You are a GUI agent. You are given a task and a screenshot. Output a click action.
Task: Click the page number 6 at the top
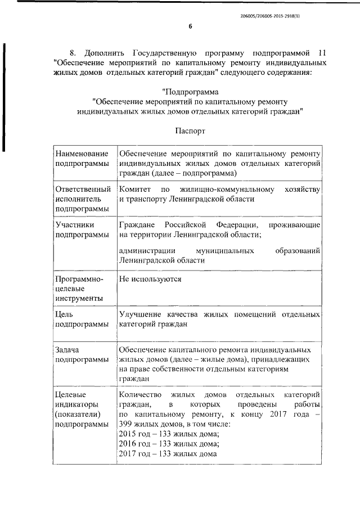tap(190, 26)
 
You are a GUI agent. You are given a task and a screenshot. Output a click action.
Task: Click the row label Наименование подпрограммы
tap(82, 158)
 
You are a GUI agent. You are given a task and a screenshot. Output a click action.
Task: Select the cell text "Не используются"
tap(150, 278)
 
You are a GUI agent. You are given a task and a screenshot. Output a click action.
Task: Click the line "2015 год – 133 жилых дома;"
tap(169, 434)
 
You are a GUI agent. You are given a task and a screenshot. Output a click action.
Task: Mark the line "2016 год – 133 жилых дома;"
tap(169, 444)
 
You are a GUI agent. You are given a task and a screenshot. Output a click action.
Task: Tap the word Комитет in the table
tap(134, 189)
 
